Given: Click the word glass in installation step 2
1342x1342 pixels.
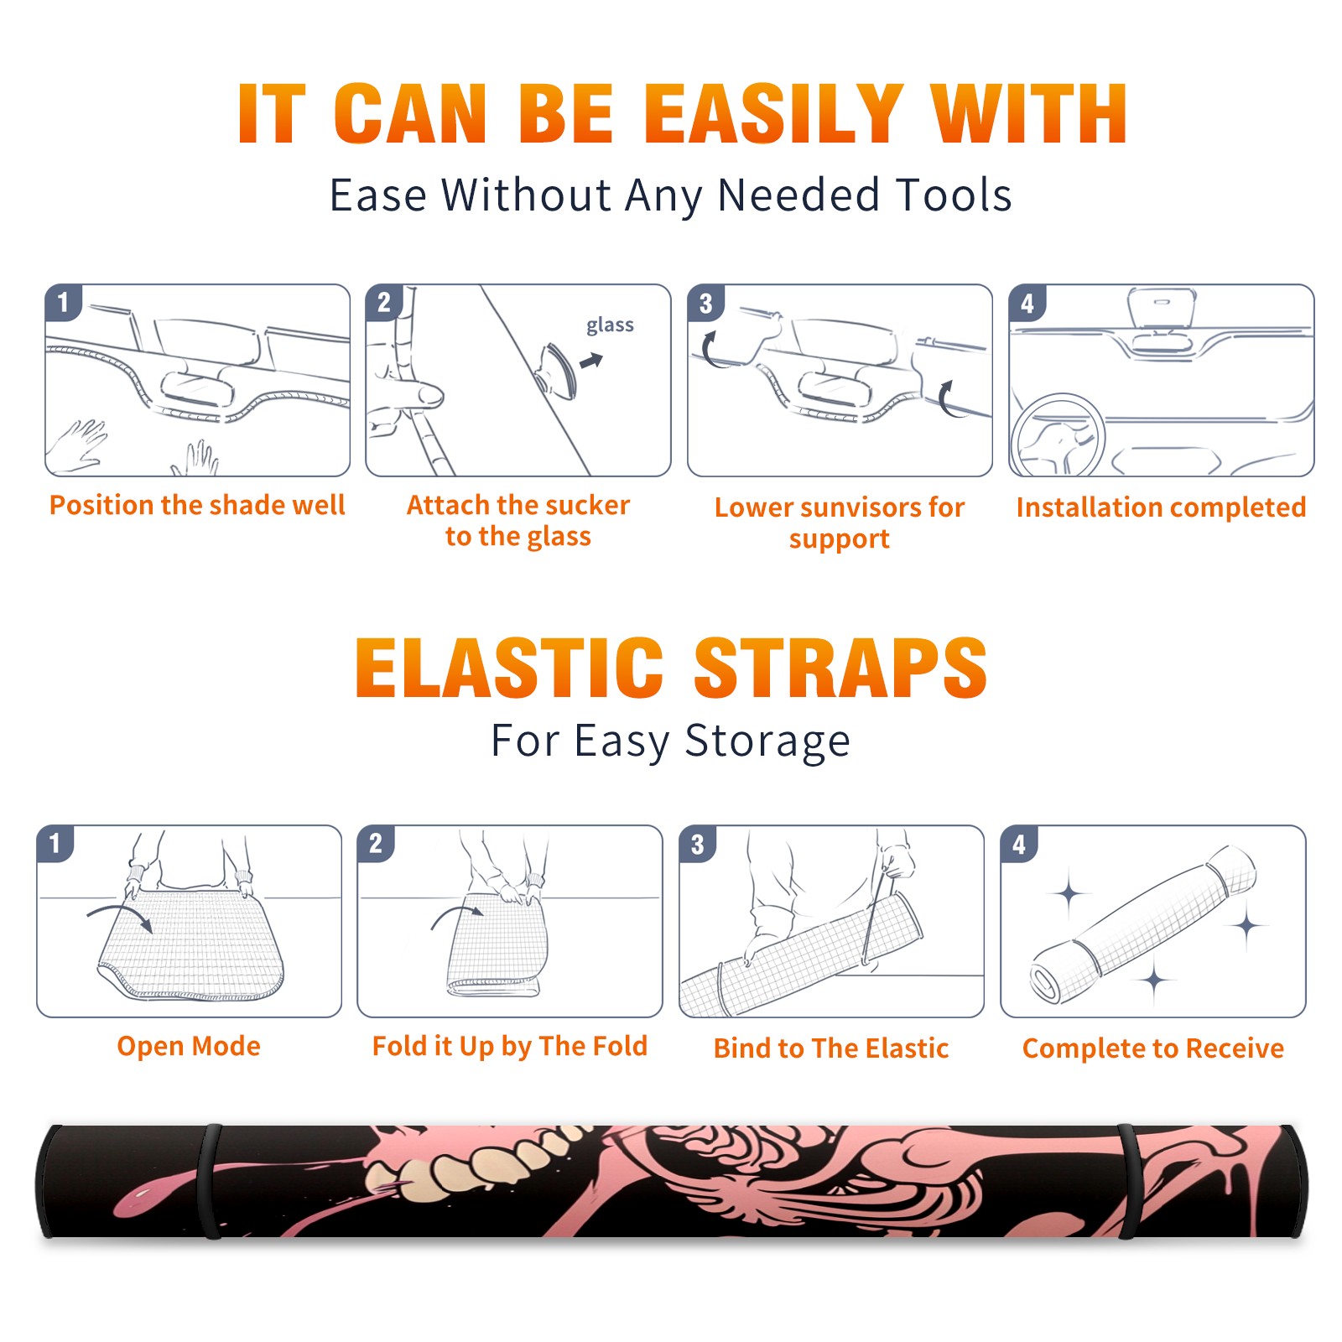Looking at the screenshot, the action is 610,325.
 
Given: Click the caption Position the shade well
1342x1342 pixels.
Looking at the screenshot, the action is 197,505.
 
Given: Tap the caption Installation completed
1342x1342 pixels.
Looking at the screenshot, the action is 1161,507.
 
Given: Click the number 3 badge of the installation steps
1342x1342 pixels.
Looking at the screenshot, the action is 705,303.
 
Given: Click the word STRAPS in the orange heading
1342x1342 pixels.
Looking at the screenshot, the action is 841,668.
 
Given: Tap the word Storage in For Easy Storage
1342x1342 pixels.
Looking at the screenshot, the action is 767,741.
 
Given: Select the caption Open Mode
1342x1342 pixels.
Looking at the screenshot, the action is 189,1046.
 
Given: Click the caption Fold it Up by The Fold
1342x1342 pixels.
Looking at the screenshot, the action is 510,1046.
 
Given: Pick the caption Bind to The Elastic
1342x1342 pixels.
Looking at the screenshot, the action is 831,1048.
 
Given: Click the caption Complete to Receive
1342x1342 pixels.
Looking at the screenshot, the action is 1153,1048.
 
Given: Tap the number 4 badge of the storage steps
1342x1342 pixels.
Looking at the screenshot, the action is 1018,844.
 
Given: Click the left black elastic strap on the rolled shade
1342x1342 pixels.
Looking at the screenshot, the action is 210,1181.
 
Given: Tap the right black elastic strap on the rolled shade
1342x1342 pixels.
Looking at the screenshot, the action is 1129,1181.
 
